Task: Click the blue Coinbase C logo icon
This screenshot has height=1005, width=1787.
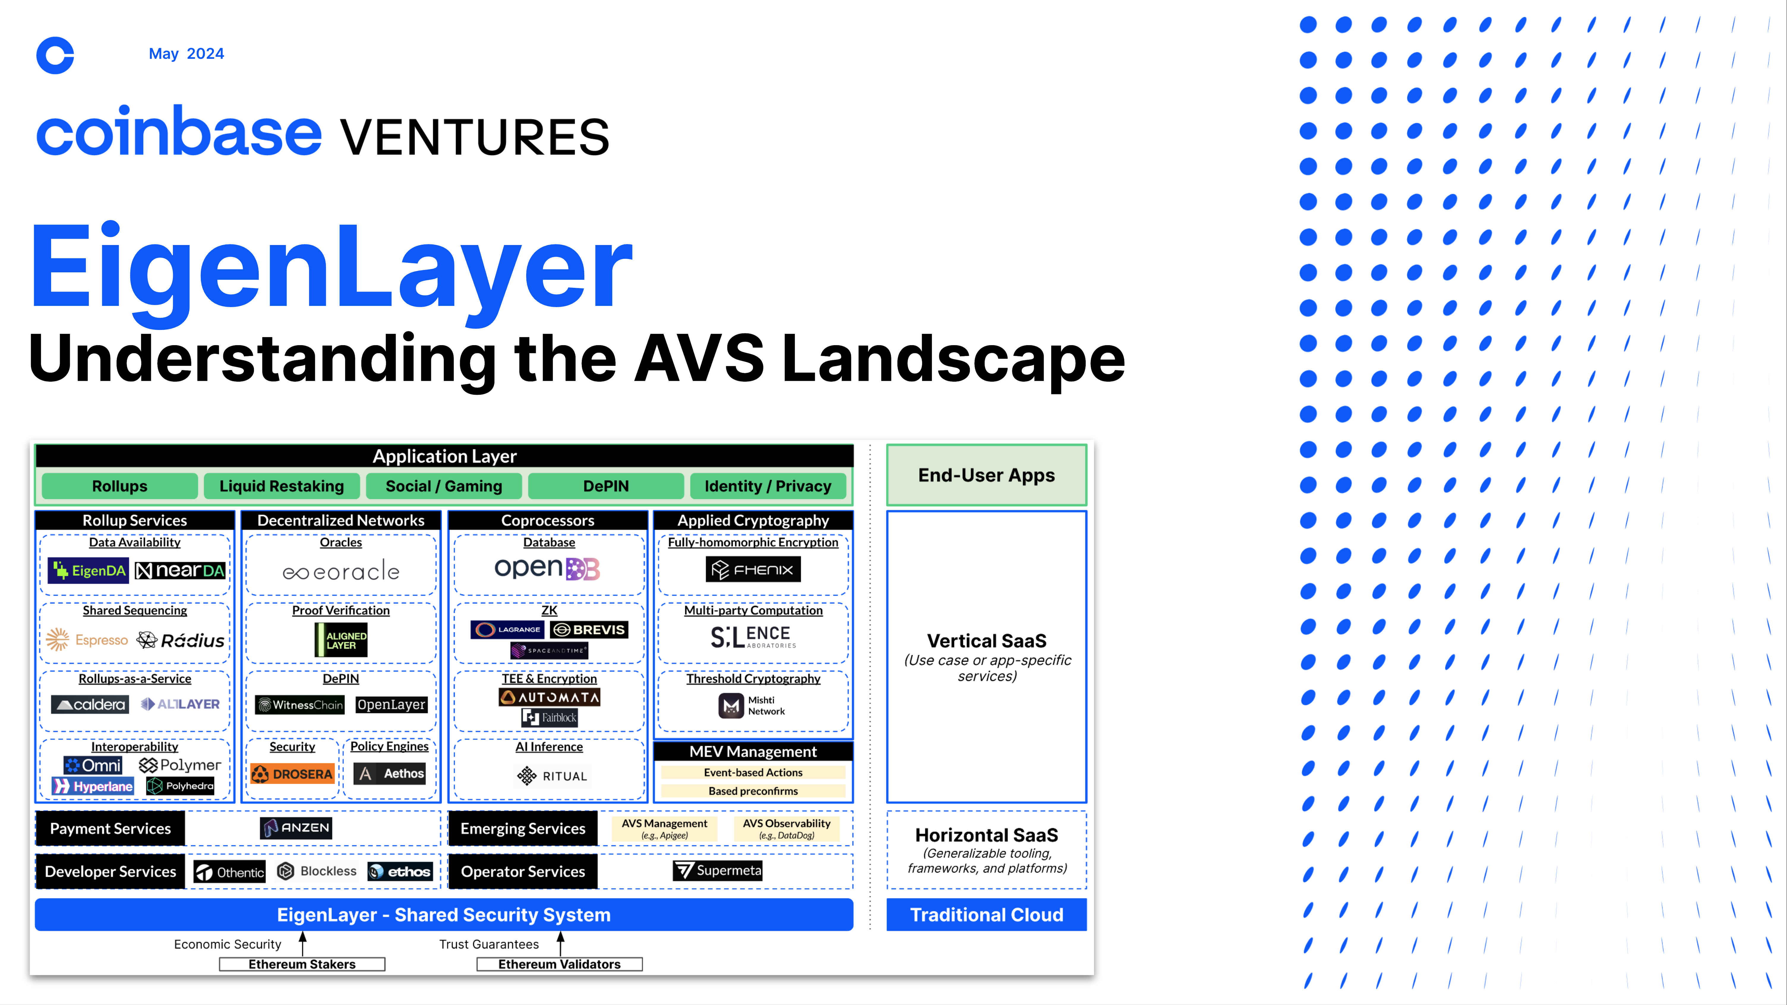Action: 55,56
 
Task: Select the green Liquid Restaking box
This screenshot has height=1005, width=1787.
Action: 282,486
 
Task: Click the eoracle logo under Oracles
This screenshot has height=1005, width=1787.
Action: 341,571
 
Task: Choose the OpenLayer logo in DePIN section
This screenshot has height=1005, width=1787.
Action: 391,705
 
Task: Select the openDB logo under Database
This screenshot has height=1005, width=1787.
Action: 547,568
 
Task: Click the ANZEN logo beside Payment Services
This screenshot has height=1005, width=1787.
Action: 296,827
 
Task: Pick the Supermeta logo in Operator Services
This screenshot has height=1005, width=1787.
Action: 717,870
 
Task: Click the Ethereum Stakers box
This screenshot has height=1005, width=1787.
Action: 302,964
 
